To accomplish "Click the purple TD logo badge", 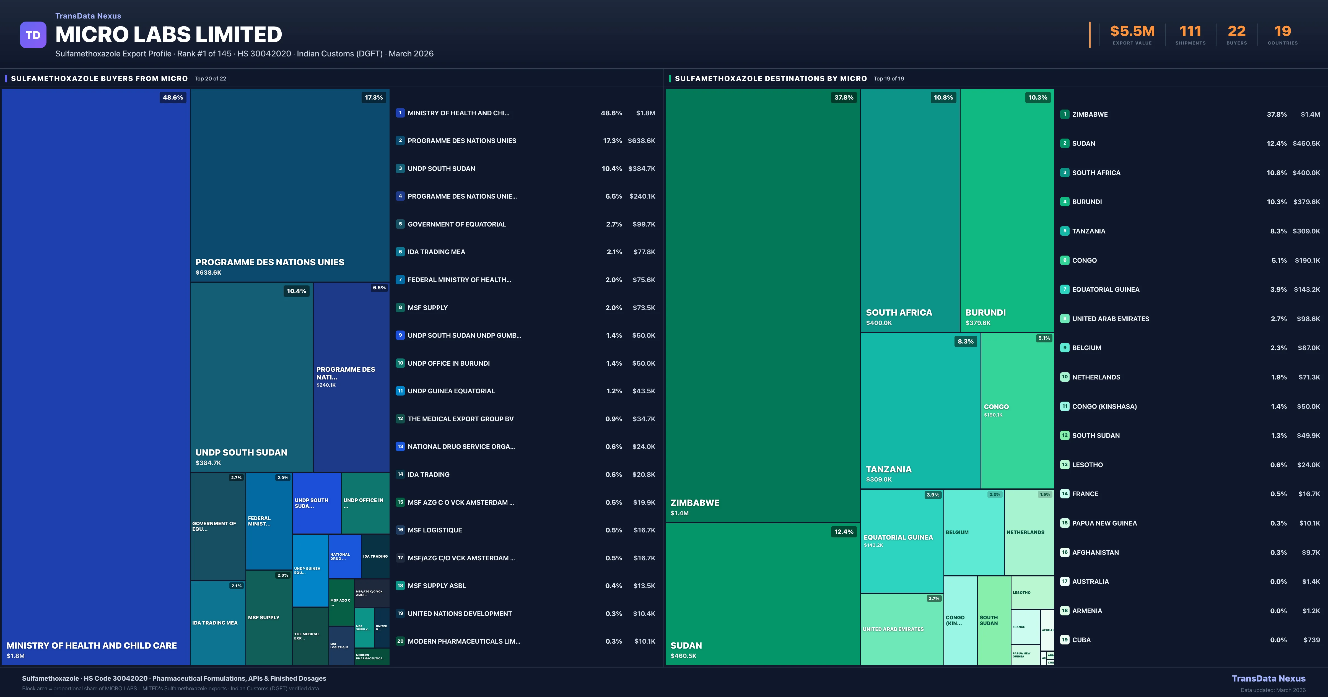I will click(x=33, y=35).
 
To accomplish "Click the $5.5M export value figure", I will click(x=1132, y=32).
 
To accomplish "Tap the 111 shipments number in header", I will click(x=1190, y=32).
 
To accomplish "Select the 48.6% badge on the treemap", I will click(x=173, y=97).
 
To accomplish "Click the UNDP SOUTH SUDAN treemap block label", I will click(x=241, y=453).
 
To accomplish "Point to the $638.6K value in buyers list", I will click(x=641, y=141).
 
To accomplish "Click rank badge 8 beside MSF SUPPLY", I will click(x=400, y=308).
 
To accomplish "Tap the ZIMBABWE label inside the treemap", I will click(x=694, y=503).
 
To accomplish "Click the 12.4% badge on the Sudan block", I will click(x=843, y=532).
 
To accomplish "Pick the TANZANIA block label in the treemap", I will click(x=888, y=469).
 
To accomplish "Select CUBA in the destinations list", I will click(x=1081, y=640).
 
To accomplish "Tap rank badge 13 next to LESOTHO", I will click(x=1065, y=464).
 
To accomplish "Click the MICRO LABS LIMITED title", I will click(x=168, y=35).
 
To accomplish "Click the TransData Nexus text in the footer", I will click(x=1268, y=678).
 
